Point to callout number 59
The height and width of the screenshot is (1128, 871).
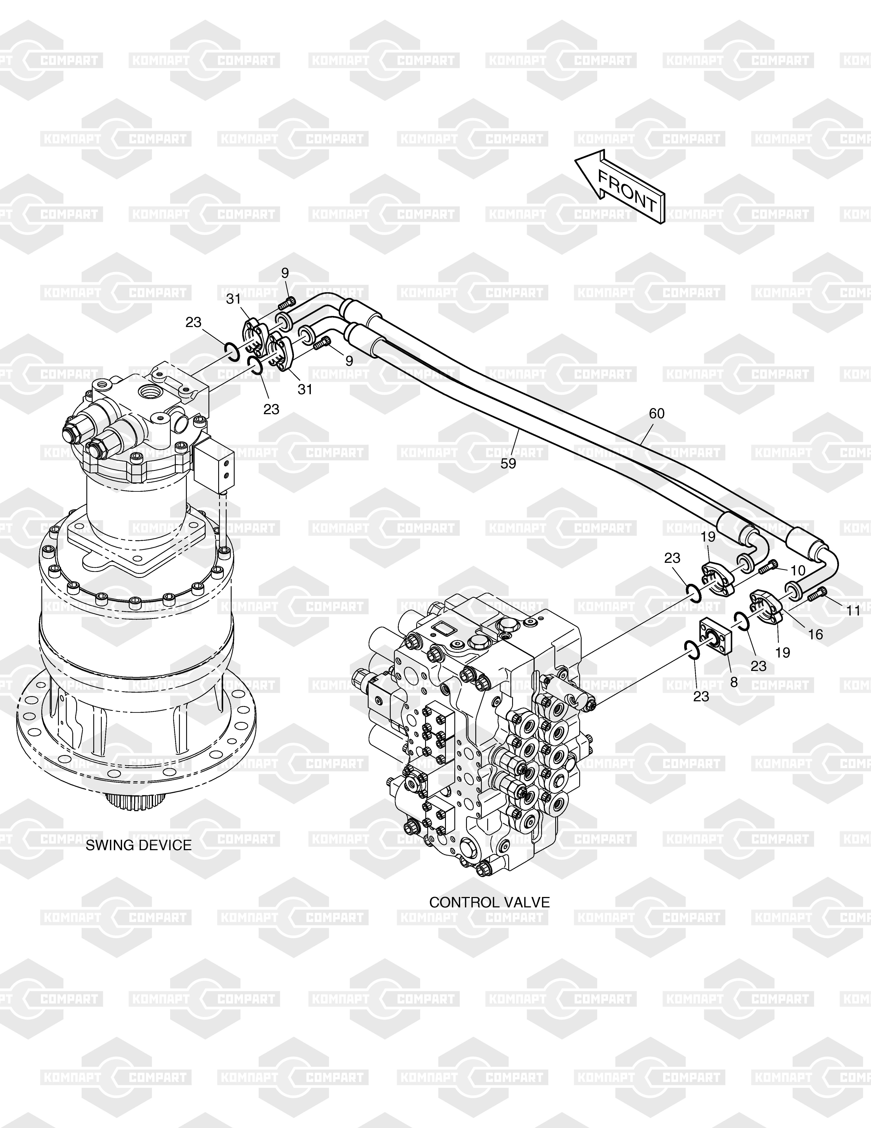click(x=508, y=464)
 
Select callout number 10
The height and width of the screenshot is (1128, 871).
click(x=798, y=571)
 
